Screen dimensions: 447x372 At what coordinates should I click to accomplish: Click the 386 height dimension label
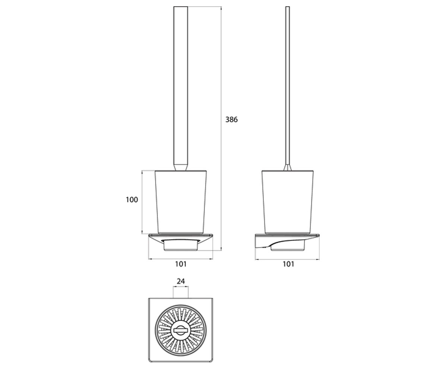point(231,119)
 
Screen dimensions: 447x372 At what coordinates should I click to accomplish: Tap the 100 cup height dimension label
point(131,200)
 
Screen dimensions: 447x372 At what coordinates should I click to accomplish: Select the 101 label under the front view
point(181,264)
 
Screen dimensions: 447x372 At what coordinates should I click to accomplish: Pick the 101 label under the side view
point(288,264)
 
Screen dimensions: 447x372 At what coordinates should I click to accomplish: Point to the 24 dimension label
point(181,281)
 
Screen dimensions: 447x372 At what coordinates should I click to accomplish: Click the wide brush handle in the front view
point(181,86)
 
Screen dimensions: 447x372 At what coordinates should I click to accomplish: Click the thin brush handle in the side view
point(288,86)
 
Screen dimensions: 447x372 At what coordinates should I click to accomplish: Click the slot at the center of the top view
point(180,330)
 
